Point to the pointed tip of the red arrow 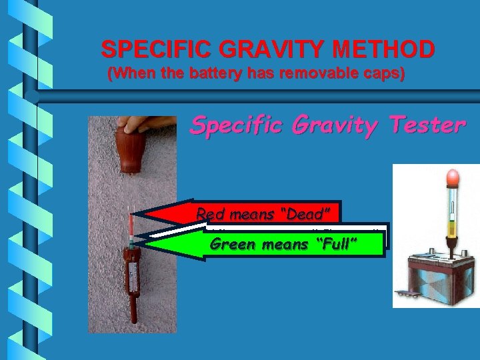tap(134, 215)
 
